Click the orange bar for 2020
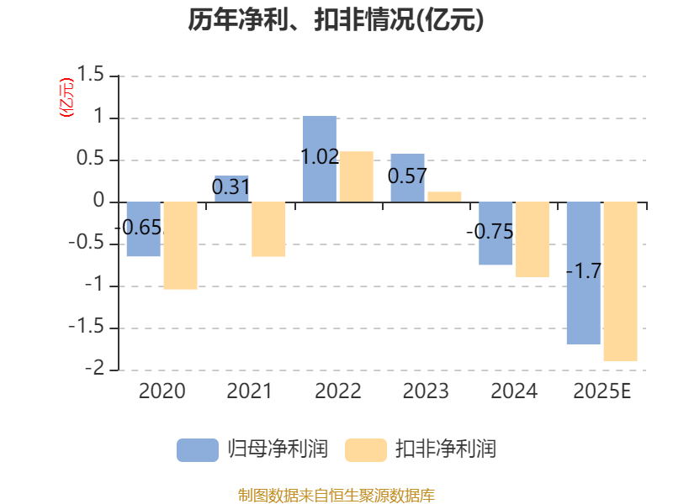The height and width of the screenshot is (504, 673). (180, 245)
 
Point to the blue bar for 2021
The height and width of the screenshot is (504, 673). (231, 188)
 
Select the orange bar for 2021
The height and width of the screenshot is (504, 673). (268, 229)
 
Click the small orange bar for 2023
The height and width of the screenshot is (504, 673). (444, 197)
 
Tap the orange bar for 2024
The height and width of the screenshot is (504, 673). (533, 239)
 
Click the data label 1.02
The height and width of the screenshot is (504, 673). (320, 156)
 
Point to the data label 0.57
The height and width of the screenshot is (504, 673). (407, 176)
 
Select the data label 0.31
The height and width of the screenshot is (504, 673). (231, 187)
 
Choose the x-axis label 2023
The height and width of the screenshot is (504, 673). (426, 391)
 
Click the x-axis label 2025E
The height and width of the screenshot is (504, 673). (601, 391)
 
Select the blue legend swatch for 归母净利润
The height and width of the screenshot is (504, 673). (197, 449)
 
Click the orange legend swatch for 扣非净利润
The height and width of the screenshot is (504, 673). (365, 449)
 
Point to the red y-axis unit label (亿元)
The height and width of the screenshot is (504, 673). (66, 97)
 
